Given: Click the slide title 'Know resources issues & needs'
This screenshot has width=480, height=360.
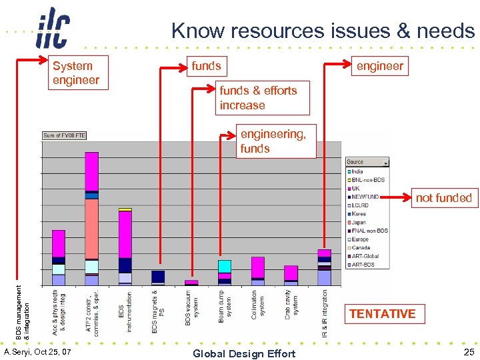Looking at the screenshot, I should coord(323,31).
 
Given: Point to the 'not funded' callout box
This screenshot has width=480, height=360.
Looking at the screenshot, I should coord(443,197).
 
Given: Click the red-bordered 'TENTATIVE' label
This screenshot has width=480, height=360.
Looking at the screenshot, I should coord(382,313).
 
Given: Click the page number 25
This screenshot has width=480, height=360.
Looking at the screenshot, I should coord(469,352).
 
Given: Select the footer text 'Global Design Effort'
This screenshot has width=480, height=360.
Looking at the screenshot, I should coord(243,353).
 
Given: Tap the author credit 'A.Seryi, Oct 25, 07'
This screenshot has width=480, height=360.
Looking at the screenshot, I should coord(37,351).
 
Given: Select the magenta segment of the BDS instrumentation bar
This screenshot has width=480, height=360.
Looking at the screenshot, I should coord(125,233).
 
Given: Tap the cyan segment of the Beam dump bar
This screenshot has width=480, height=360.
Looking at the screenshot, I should coord(225,266).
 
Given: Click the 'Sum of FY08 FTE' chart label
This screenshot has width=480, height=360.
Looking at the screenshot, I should coord(64,135).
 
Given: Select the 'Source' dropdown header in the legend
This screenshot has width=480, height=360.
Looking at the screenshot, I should coord(367,161).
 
